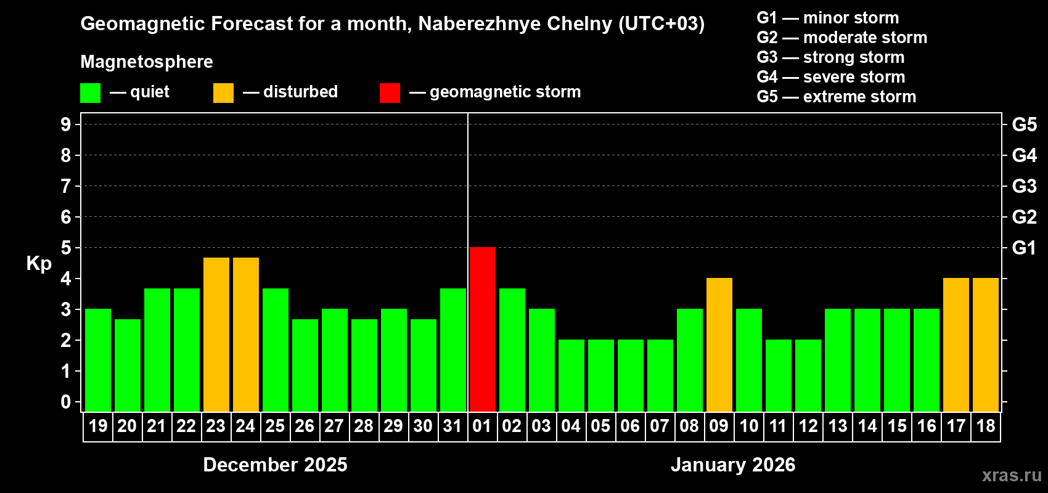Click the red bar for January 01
pos(483,329)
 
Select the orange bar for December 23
pos(216,334)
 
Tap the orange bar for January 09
pos(719,344)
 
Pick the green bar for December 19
pos(98,360)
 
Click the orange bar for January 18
pos(986,344)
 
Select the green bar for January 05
pos(601,375)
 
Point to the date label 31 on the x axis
pos(452,426)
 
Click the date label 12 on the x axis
pos(808,426)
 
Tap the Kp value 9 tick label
pos(66,124)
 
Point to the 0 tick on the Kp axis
pos(66,402)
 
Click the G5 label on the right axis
pos(1024,124)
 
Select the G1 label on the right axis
pos(1024,248)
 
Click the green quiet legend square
pos(91,93)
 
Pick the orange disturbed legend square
pos(223,93)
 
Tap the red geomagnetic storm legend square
pos(390,93)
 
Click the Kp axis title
pos(39,263)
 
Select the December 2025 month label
pos(275,465)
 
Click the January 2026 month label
pos(733,465)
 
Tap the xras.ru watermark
pos(1012,475)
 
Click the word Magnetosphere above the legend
pos(147,62)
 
